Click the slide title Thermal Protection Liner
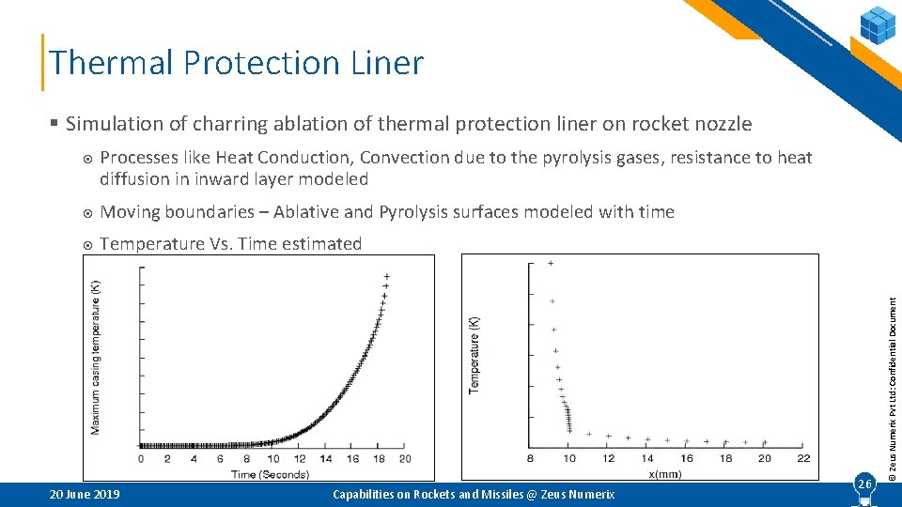pyautogui.click(x=237, y=63)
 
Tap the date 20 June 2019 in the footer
pyautogui.click(x=84, y=495)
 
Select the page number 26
pyautogui.click(x=863, y=483)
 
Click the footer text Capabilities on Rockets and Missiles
pyautogui.click(x=474, y=495)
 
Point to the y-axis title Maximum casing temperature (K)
pyautogui.click(x=96, y=358)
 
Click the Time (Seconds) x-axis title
pyautogui.click(x=272, y=474)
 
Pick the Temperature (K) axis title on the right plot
pyautogui.click(x=474, y=354)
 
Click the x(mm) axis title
pyautogui.click(x=666, y=474)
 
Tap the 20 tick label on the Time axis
pyautogui.click(x=405, y=459)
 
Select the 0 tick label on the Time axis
pyautogui.click(x=141, y=459)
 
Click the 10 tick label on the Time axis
pyautogui.click(x=272, y=459)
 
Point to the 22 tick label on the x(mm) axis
pyautogui.click(x=802, y=458)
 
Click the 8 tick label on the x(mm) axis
pyautogui.click(x=530, y=458)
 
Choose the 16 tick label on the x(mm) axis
pyautogui.click(x=686, y=458)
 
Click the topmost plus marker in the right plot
pyautogui.click(x=550, y=264)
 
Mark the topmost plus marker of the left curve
pyautogui.click(x=386, y=276)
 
